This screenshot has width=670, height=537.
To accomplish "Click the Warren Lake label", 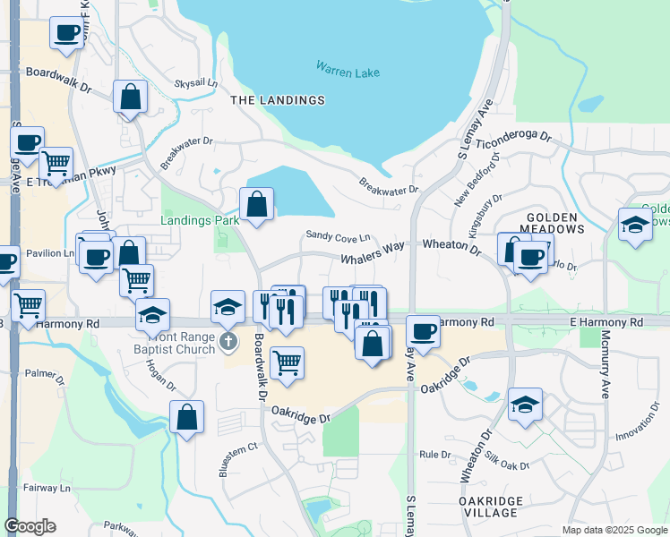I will (348, 67).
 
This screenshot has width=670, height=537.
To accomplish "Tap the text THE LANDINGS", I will (278, 100).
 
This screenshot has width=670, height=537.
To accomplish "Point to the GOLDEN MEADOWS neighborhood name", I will (555, 223).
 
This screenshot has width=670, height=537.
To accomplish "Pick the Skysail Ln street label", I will (196, 82).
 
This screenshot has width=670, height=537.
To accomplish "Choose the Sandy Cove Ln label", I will (338, 236).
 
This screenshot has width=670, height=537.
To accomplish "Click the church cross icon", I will (228, 341).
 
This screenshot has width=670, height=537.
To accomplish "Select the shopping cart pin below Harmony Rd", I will (287, 362).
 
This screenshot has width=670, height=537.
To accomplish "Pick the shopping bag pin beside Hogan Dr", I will (186, 416).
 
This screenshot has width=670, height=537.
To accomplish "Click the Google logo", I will (30, 526).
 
